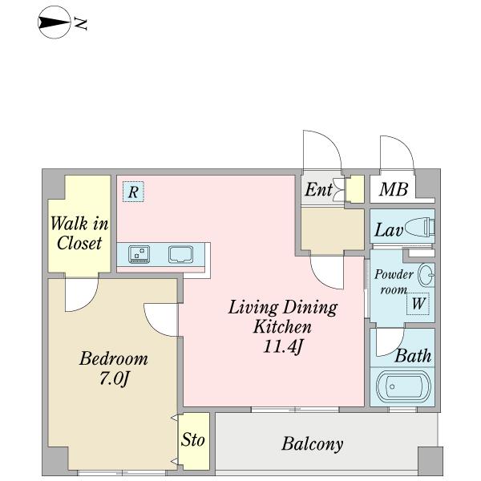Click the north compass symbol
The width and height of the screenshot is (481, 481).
[54, 22]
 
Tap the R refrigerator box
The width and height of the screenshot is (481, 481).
[133, 192]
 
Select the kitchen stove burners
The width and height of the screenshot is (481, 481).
[139, 254]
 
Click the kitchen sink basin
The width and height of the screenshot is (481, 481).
[180, 254]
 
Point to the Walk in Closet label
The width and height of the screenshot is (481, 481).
[79, 233]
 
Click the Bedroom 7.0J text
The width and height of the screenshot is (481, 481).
[114, 369]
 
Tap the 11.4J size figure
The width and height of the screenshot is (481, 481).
[283, 347]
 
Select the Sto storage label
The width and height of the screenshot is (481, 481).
[192, 439]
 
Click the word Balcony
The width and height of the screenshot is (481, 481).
[313, 444]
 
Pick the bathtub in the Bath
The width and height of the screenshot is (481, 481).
[403, 386]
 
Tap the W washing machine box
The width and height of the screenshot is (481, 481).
[418, 304]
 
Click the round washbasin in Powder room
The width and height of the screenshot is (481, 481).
[426, 275]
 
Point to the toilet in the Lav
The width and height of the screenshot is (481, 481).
[419, 228]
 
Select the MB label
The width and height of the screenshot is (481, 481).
[394, 189]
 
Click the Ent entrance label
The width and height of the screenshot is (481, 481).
[318, 189]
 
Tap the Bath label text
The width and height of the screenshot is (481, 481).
[413, 356]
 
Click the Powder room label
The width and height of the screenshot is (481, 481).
[394, 281]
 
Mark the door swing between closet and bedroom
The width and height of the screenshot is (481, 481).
[82, 295]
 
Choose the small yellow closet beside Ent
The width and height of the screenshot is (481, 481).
[355, 189]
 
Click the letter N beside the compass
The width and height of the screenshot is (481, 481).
[81, 25]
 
